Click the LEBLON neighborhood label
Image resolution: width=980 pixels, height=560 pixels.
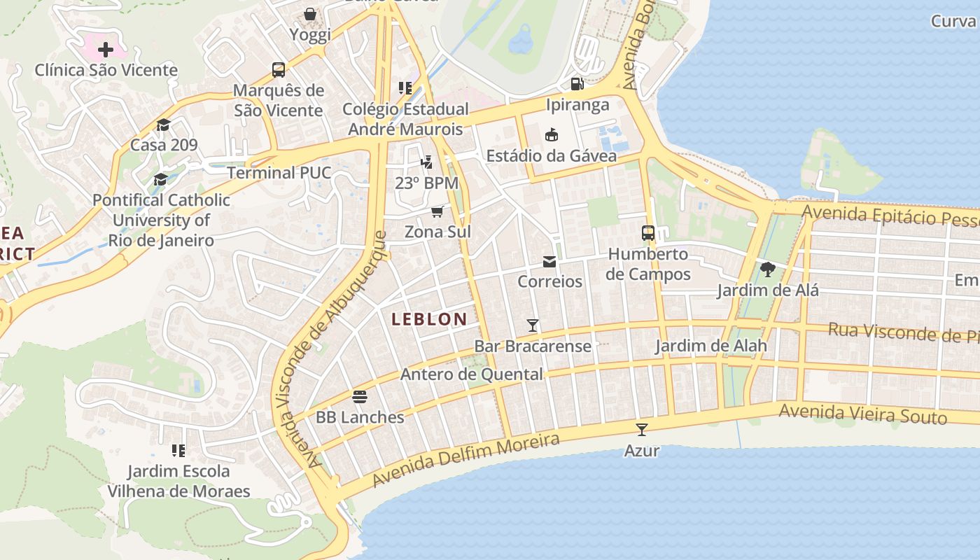(429, 319)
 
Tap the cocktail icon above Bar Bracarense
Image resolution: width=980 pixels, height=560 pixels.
(533, 325)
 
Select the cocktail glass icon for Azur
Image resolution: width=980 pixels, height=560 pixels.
(642, 430)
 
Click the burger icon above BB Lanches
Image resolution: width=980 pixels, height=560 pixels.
(360, 397)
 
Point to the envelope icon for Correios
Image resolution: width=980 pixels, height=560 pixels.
(549, 262)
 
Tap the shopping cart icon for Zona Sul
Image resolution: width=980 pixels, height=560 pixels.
(437, 211)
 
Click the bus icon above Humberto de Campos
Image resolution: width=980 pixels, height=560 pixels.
(648, 233)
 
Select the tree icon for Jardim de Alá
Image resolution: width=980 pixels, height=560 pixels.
(768, 269)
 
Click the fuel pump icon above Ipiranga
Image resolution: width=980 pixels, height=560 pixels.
(577, 84)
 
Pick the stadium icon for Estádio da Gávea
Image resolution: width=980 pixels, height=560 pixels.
(552, 135)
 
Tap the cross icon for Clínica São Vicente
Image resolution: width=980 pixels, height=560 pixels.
(106, 50)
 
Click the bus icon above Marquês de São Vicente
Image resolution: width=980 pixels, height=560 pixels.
(279, 70)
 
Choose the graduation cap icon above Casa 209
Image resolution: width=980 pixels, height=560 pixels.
(164, 125)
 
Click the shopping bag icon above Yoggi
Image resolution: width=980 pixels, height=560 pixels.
(310, 14)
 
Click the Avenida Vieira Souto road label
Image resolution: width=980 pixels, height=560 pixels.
(862, 414)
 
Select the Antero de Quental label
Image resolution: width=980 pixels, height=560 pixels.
(471, 374)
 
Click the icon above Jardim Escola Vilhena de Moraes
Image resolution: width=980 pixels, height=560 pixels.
(178, 450)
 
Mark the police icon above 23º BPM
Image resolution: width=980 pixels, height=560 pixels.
(426, 162)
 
